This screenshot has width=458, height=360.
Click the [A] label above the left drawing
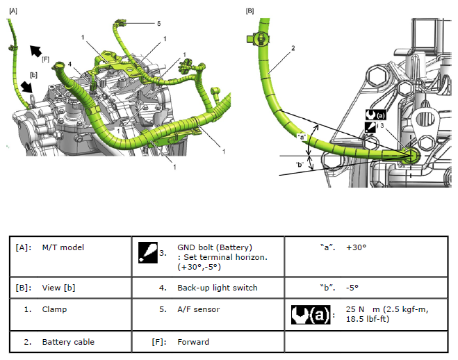13,11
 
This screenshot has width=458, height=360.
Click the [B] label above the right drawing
250,11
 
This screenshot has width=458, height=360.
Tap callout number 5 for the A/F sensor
159,23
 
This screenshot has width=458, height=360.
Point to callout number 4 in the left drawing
69,65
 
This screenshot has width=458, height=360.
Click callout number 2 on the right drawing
293,48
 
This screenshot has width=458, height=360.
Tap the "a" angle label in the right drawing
301,136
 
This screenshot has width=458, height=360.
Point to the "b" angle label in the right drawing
299,164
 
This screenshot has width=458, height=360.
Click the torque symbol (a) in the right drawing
375,113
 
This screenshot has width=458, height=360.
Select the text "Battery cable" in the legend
68,342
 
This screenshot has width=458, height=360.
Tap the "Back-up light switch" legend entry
218,288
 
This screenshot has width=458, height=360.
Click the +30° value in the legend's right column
357,247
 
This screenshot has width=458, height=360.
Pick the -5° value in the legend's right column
353,288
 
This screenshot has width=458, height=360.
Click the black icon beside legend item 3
147,252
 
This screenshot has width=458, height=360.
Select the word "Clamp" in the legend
54,309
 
